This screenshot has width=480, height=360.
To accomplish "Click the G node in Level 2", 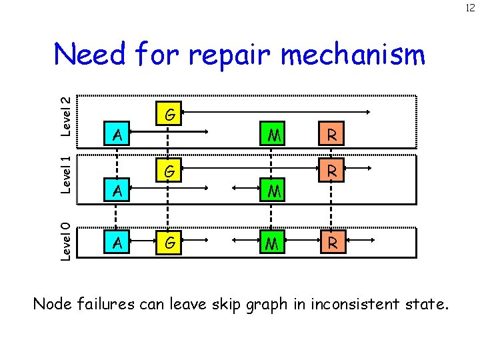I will [x=171, y=115].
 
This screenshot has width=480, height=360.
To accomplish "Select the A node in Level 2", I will [x=117, y=135].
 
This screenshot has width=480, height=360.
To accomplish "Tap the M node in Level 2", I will [x=271, y=135].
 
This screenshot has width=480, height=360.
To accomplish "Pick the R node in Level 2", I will [x=331, y=135].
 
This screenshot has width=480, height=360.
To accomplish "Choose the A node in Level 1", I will [x=117, y=191].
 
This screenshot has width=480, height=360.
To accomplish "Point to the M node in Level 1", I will [x=271, y=191].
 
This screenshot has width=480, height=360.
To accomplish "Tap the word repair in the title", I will [x=229, y=55].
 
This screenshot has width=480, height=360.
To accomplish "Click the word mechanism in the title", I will [x=353, y=55].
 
